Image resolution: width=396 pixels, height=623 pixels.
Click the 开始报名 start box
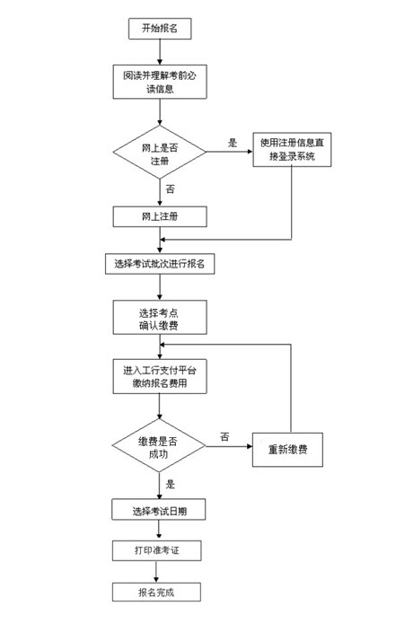coord(160,29)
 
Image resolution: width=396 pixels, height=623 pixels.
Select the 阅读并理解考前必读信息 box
coord(160,82)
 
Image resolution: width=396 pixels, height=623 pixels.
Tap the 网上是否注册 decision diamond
coord(160,152)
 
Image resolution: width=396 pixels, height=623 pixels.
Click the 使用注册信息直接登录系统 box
coord(292,149)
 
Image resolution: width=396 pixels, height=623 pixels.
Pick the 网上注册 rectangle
coord(160,216)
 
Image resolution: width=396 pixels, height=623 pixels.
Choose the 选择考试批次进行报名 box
coord(160,264)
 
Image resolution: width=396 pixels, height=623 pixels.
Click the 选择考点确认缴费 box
coord(160,317)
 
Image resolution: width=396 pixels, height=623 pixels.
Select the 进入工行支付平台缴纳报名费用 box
coord(160,377)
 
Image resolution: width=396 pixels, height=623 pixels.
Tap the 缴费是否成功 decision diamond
coord(159,446)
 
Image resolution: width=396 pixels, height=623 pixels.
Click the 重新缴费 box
coord(287,450)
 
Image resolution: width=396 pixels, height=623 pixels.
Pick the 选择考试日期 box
coord(159,510)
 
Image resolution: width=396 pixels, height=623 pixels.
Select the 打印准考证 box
coord(156,550)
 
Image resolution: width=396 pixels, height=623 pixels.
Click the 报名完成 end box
coord(156,592)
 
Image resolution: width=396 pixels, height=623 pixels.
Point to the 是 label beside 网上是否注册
coord(233,143)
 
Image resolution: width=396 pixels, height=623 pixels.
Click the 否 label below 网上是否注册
coord(171,189)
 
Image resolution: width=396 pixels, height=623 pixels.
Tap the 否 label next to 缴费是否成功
coord(224,437)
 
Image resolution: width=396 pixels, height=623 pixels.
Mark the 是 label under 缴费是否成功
coord(171,484)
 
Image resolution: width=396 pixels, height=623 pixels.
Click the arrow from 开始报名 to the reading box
coord(160,52)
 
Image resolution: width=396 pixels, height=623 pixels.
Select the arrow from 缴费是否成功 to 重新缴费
coord(229,446)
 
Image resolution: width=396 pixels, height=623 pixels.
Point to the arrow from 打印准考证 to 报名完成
coord(156,572)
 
